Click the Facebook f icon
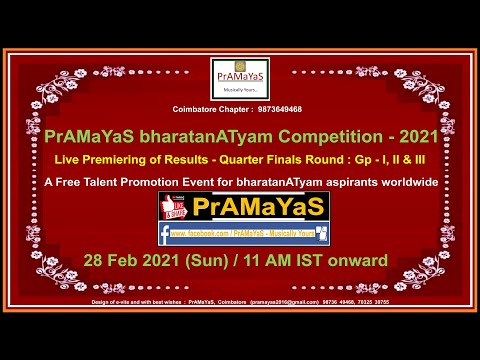pyautogui.click(x=164, y=235)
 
